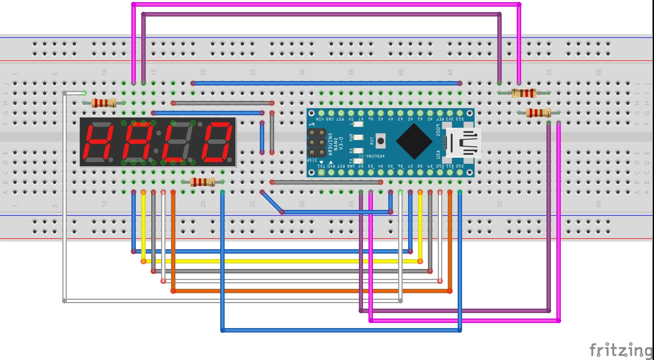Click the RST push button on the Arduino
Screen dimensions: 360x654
pos(381,141)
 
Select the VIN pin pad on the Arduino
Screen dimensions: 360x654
pos(321,113)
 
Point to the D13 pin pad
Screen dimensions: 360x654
pos(459,113)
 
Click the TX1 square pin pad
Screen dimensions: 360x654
pos(321,172)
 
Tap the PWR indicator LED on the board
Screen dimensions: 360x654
pos(358,137)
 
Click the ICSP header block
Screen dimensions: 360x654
pos(316,142)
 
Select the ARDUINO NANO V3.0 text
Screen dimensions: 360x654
pos(335,144)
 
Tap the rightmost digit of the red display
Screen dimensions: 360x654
pos(219,142)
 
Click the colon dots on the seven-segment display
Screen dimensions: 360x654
pos(157,142)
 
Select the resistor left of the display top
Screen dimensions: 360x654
pos(103,103)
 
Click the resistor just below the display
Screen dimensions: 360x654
pos(202,182)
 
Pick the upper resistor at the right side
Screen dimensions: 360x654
pos(524,93)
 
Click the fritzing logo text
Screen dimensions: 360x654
pos(620,350)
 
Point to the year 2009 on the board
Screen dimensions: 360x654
pos(438,130)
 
